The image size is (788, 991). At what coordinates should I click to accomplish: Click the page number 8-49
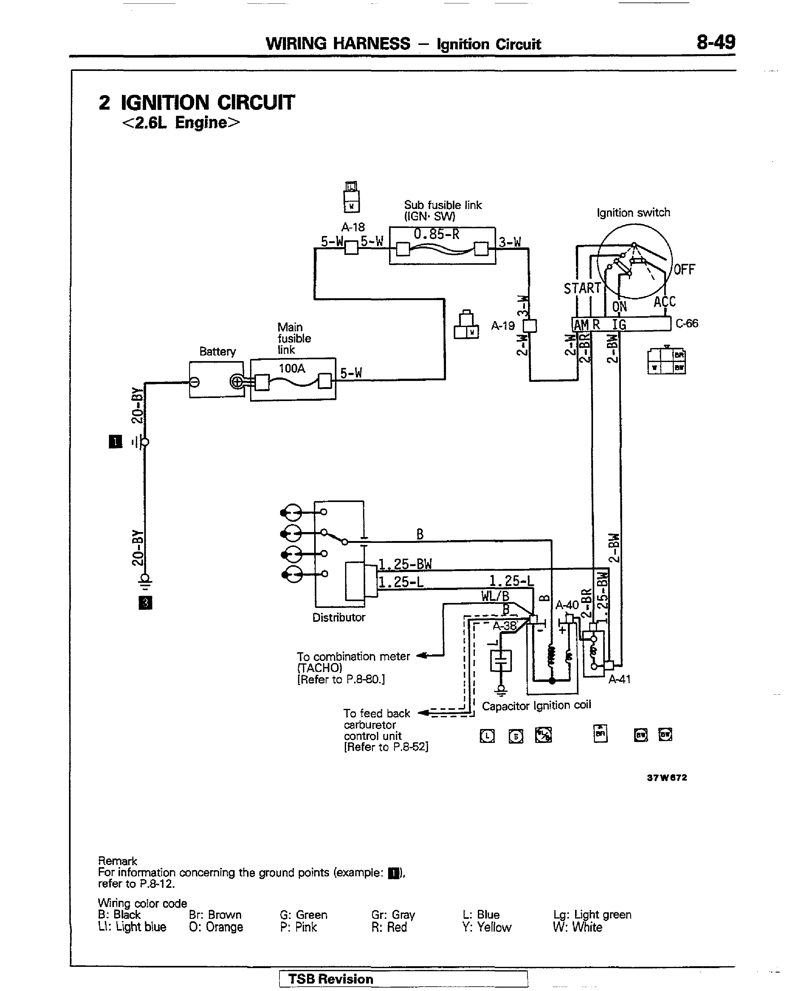tap(715, 42)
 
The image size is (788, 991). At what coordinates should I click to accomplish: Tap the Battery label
tap(217, 351)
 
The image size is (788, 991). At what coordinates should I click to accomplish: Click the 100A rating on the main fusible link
tap(292, 369)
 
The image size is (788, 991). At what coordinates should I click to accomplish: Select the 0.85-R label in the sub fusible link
tap(436, 234)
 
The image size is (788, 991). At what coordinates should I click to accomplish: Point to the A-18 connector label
tap(353, 227)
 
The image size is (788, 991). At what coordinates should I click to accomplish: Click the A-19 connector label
tap(503, 326)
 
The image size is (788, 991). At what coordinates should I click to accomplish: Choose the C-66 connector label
tap(686, 324)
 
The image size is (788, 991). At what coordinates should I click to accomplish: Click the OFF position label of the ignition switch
tap(684, 269)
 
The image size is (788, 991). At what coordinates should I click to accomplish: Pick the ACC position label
tap(665, 302)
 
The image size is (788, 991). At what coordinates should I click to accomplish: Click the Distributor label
tap(339, 617)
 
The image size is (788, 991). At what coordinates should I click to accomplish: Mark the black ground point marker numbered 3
tap(145, 603)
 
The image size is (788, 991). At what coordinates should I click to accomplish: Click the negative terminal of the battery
tap(195, 382)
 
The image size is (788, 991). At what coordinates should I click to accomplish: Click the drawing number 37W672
tap(667, 778)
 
